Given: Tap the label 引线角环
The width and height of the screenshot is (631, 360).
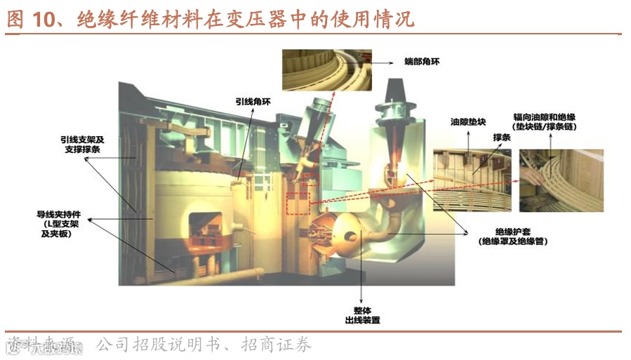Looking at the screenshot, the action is pyautogui.click(x=252, y=101).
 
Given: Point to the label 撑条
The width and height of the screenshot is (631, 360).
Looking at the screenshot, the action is pyautogui.click(x=503, y=138).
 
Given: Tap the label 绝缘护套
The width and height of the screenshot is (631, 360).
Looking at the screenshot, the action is pyautogui.click(x=512, y=235).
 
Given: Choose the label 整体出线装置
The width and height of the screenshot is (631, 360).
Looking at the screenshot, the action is pyautogui.click(x=362, y=314).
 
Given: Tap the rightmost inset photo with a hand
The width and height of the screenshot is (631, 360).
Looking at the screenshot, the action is pyautogui.click(x=561, y=180).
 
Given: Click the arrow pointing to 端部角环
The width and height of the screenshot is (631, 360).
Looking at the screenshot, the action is pyautogui.click(x=383, y=62).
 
